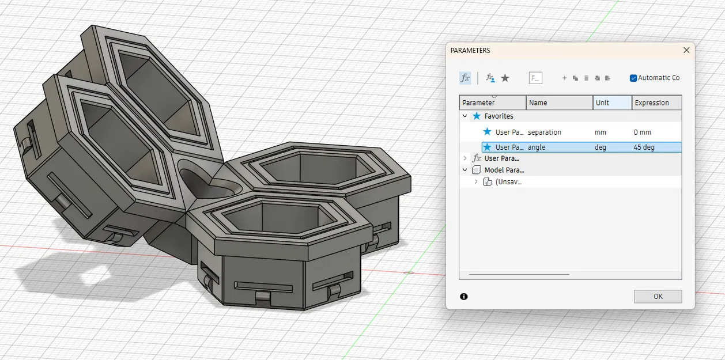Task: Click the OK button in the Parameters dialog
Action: tap(658, 296)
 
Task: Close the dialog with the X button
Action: tap(686, 50)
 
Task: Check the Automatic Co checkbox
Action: tap(633, 78)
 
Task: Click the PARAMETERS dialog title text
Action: tap(470, 51)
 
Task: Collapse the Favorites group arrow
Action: tap(465, 116)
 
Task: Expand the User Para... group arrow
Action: tap(465, 158)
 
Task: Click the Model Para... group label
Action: tap(503, 170)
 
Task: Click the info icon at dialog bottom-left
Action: tap(464, 296)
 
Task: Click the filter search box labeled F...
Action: tap(535, 78)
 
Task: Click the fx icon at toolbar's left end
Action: tap(465, 78)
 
